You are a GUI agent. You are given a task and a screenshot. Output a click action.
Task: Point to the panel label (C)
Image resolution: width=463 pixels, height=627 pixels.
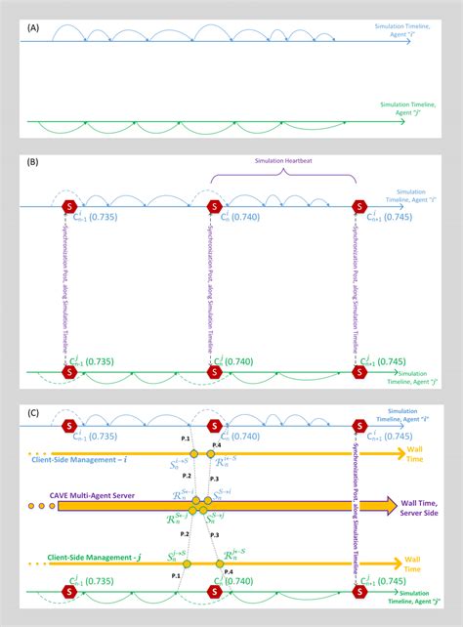click(x=33, y=411)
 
